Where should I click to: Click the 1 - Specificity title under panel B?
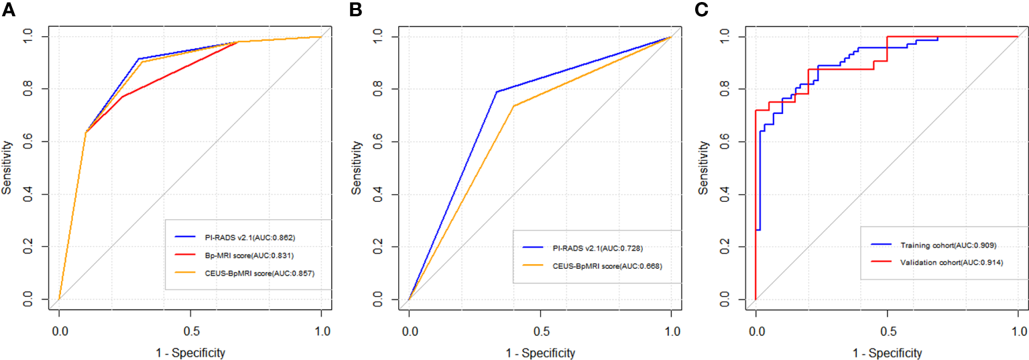point(540,353)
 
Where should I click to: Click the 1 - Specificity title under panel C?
point(888,353)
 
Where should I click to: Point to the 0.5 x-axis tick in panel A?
point(190,331)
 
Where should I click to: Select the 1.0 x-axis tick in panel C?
point(1018,331)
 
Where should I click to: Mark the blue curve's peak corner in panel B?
point(496,92)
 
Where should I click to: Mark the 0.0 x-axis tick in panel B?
point(409,331)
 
